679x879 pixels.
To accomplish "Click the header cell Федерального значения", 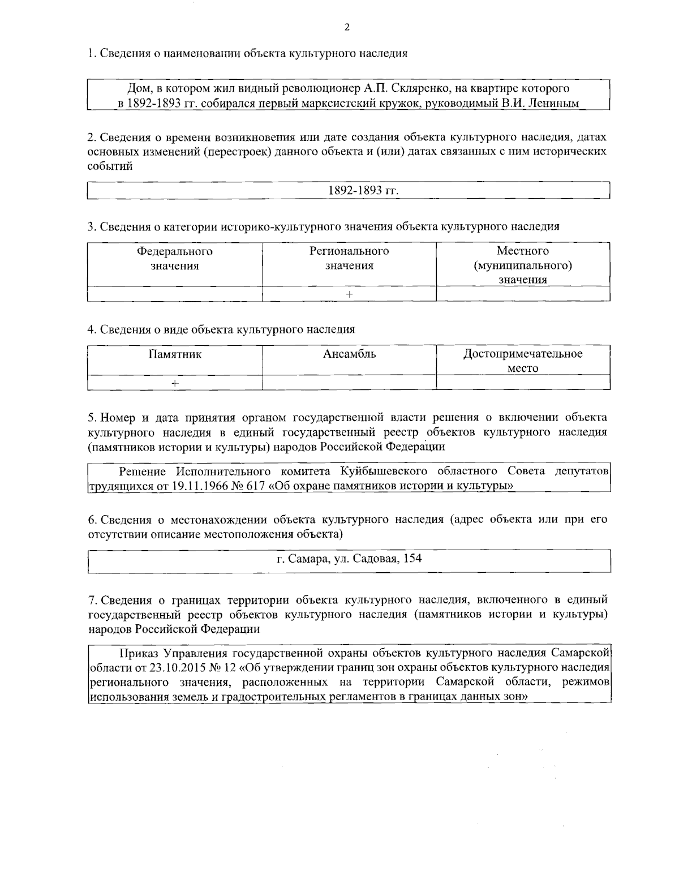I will [x=174, y=258].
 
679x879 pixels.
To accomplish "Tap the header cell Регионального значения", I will [x=349, y=258].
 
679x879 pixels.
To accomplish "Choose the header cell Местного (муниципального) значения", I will [x=523, y=265].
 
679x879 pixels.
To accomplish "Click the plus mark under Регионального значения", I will [x=349, y=294].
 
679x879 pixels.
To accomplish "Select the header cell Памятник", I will [x=175, y=354].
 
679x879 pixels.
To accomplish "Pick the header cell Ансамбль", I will [x=349, y=354].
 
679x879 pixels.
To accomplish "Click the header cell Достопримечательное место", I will [x=523, y=361].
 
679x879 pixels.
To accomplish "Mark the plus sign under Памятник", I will [x=175, y=383].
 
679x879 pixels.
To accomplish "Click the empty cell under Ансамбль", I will [x=349, y=383].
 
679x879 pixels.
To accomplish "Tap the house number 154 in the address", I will [x=412, y=559].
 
